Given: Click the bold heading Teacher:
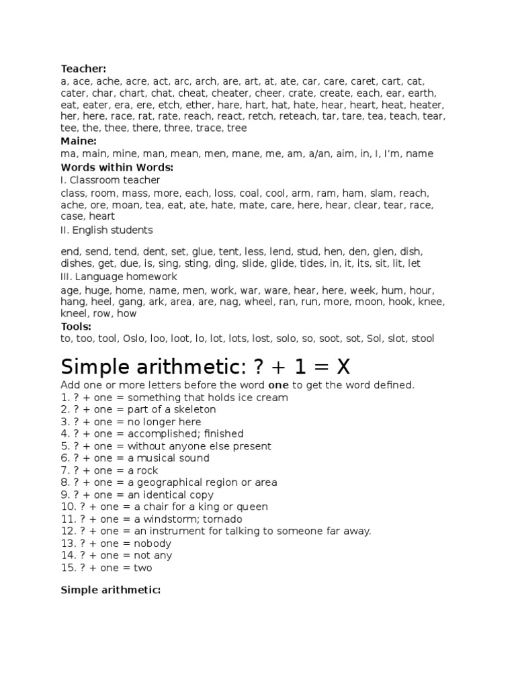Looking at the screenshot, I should [83, 69].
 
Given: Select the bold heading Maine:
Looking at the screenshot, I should [79, 141].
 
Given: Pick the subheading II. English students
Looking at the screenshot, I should [107, 230].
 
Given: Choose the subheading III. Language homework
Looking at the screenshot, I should [119, 277].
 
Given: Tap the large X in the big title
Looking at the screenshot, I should [343, 367].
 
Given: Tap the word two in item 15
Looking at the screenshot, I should [142, 568].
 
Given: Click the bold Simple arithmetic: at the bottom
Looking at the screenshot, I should [111, 590].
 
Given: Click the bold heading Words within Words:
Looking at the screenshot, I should [117, 167].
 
